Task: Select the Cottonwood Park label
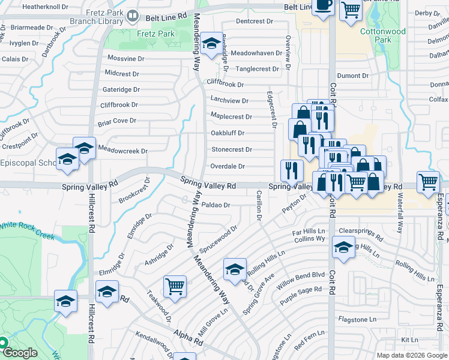(383, 36)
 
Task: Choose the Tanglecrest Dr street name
(257, 69)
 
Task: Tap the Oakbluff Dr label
(228, 133)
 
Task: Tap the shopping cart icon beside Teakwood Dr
(175, 286)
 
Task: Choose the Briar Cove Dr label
(117, 121)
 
